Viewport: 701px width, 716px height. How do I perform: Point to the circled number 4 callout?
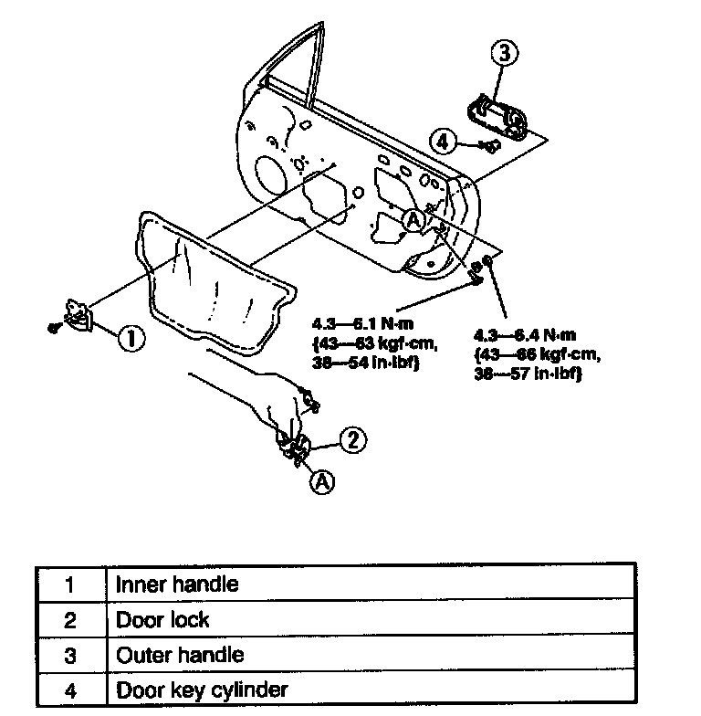click(444, 141)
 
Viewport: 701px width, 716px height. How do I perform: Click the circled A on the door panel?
click(413, 219)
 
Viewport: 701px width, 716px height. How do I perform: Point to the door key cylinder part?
click(488, 144)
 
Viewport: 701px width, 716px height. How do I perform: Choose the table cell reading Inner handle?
click(176, 584)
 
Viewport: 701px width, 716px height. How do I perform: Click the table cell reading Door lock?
click(162, 619)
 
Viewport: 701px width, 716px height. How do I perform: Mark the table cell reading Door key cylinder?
click(202, 690)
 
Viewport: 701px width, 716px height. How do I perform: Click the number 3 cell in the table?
click(71, 655)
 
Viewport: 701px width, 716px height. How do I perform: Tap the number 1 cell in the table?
click(71, 584)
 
